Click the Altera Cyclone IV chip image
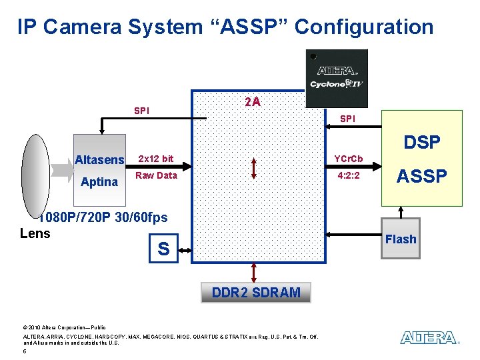[337, 78]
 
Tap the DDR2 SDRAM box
[256, 292]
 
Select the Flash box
[401, 239]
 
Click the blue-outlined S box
[163, 249]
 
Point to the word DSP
[422, 142]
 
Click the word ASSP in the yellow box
[422, 176]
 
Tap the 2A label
[253, 102]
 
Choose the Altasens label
[99, 160]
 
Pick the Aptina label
[99, 182]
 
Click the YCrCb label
[348, 159]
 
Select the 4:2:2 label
[349, 176]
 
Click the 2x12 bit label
[155, 159]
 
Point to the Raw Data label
[156, 175]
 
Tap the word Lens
[35, 233]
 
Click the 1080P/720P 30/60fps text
[103, 217]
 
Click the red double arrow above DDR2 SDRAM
[254, 272]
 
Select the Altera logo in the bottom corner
[429, 338]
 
